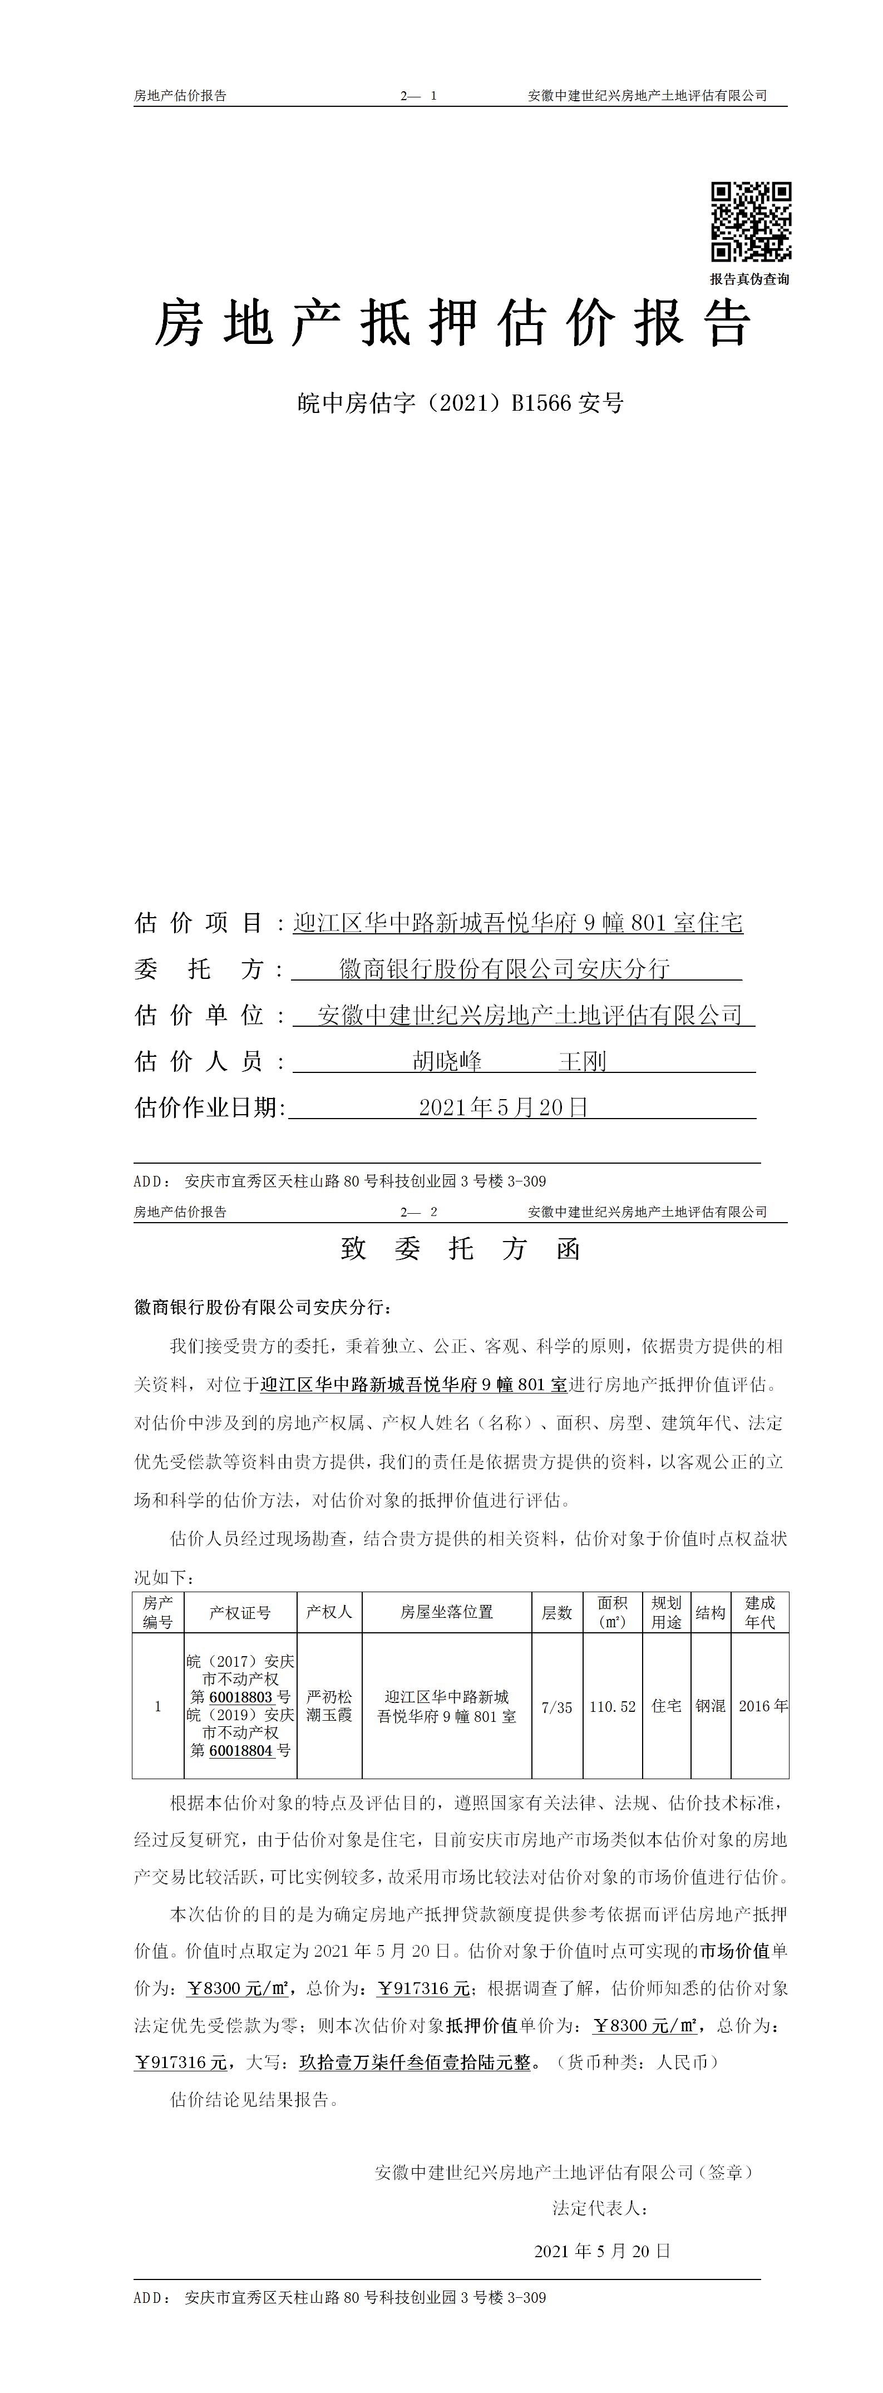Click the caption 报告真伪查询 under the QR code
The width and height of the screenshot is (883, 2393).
click(x=749, y=279)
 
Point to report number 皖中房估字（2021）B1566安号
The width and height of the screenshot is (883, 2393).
click(x=461, y=402)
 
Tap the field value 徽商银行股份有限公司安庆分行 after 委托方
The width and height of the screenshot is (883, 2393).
click(x=504, y=969)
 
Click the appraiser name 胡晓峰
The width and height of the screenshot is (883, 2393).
click(x=447, y=1061)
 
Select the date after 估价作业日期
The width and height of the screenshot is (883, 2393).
click(x=502, y=1107)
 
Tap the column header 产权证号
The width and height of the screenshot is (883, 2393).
click(x=240, y=1613)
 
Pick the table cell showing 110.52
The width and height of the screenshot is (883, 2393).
click(x=613, y=1706)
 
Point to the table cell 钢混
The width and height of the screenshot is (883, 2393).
click(x=711, y=1706)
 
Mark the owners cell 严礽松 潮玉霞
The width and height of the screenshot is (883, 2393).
click(x=329, y=1706)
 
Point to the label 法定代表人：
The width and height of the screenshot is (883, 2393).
click(x=600, y=2207)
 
